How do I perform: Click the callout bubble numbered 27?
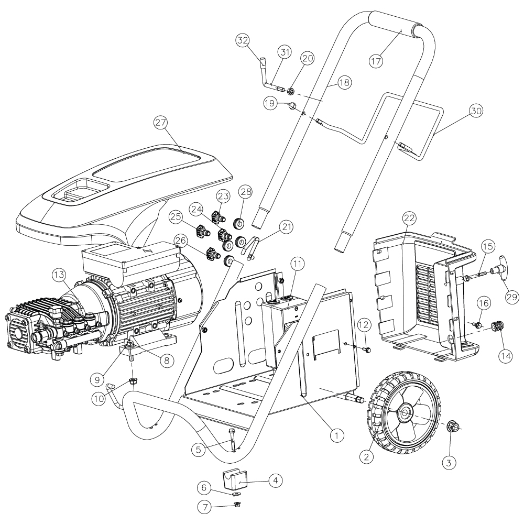[x=161, y=123]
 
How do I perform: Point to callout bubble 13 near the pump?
[x=60, y=275]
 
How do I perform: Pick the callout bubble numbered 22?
[x=410, y=218]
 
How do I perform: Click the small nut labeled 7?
[x=237, y=504]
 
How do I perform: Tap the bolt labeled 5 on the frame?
[x=232, y=437]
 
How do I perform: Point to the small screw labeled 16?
[x=478, y=325]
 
